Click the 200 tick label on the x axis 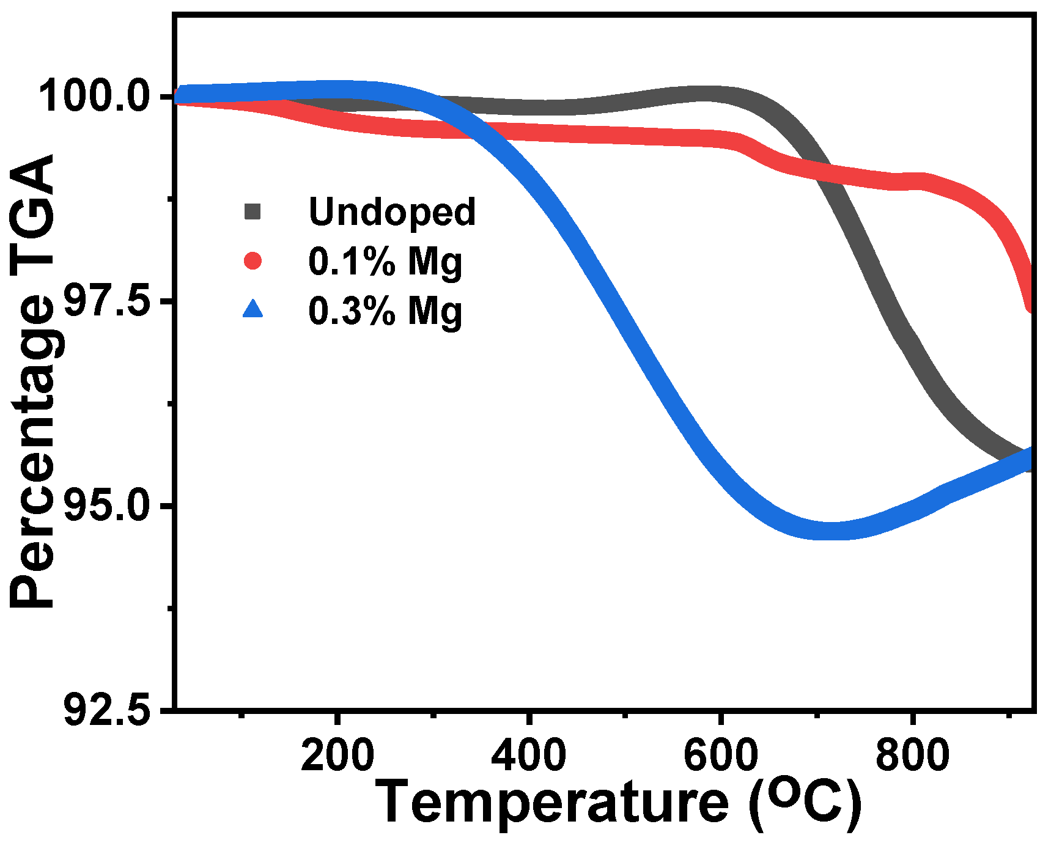(337, 755)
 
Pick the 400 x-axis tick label (529, 755)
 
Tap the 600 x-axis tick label (721, 755)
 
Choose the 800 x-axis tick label (912, 755)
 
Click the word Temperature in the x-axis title (551, 803)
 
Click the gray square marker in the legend (253, 211)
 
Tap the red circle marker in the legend (253, 261)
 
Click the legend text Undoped (392, 211)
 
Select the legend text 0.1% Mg (385, 262)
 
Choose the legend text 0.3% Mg (385, 311)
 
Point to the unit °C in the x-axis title (806, 803)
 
